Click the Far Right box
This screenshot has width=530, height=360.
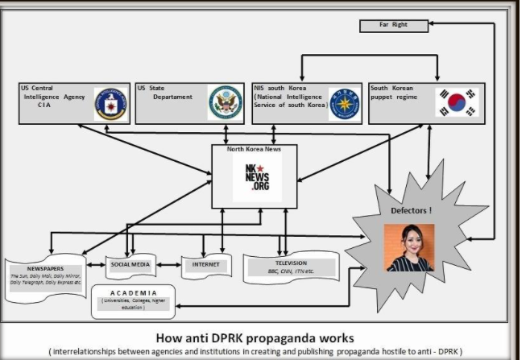click(x=393, y=26)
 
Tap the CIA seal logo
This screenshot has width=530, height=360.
click(x=110, y=103)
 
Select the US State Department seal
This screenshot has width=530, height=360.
click(x=226, y=103)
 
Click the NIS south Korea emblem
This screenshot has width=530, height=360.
click(x=343, y=104)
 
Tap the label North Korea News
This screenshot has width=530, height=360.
click(x=254, y=149)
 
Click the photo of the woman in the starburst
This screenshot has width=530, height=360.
click(x=409, y=246)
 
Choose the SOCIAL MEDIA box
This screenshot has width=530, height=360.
click(x=131, y=264)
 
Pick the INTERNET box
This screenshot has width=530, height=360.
click(x=201, y=264)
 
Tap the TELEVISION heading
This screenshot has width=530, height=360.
click(x=292, y=263)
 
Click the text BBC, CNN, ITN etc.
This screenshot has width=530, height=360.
click(x=291, y=271)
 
